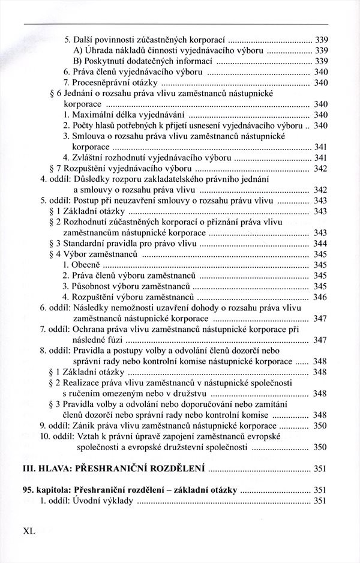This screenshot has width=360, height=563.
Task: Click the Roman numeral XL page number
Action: (x=29, y=531)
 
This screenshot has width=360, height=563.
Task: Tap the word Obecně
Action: (x=85, y=265)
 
